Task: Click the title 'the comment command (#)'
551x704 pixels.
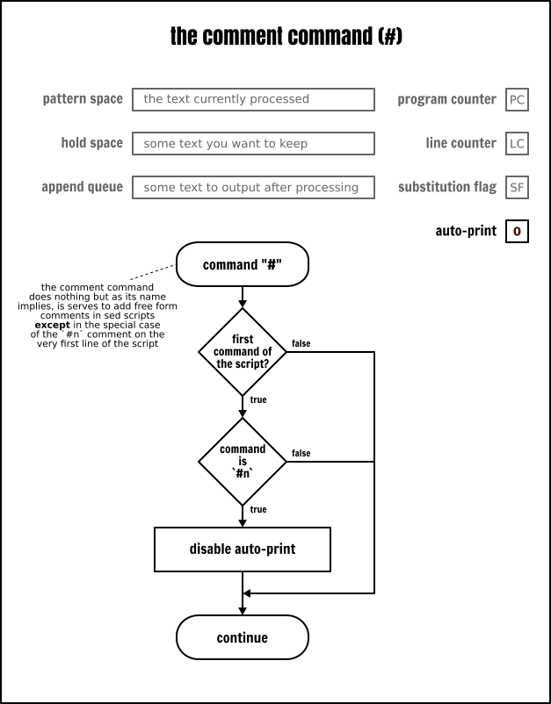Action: tap(275, 37)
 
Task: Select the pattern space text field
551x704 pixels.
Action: tap(253, 99)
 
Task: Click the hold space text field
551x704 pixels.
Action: tap(253, 143)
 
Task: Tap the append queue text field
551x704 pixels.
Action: tap(253, 187)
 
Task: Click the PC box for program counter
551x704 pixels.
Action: tap(517, 99)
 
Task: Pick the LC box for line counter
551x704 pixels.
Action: tap(517, 143)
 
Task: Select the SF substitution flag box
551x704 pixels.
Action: tap(517, 187)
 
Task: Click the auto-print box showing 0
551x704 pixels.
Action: tap(517, 232)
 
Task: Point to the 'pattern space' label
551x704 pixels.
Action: tap(83, 99)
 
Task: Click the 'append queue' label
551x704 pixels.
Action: tap(82, 187)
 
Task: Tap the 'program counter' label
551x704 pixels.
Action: tap(446, 99)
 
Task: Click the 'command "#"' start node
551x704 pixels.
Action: tap(242, 265)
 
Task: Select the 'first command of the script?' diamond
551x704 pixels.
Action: tap(242, 351)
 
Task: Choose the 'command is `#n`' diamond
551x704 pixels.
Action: tap(242, 461)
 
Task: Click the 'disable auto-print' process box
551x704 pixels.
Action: tap(242, 550)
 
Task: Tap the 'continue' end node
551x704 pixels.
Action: tap(242, 637)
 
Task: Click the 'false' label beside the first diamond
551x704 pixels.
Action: tap(301, 343)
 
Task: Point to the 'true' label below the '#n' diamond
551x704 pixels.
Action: tap(258, 509)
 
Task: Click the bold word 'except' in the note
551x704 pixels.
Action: tap(52, 325)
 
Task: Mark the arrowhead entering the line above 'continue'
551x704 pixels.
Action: tap(248, 593)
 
